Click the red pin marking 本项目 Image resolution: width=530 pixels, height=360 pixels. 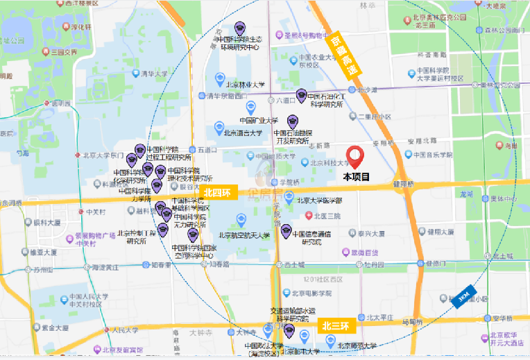357,157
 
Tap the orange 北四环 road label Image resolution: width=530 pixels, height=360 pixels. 219,192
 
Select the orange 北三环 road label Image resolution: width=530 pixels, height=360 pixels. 338,325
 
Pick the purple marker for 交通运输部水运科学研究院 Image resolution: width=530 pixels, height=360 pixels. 287,331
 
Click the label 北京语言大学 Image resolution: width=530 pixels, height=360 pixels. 242,132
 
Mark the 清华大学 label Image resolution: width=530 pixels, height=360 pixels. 155,74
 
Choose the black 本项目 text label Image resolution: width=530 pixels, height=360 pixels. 357,177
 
